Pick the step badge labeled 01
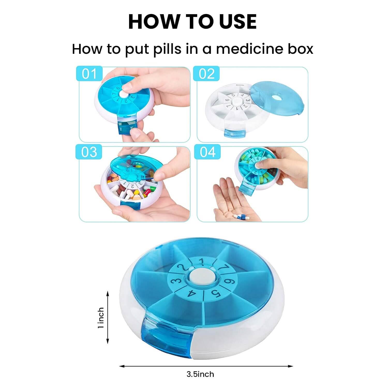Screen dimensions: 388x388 pyautogui.click(x=89, y=74)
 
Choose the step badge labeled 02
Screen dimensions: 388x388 pyautogui.click(x=207, y=74)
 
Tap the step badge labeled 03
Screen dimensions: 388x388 pyautogui.click(x=89, y=152)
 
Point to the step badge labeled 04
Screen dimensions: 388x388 pyautogui.click(x=208, y=152)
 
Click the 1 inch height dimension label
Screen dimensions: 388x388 pyautogui.click(x=101, y=318)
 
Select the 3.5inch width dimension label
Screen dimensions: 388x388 pyautogui.click(x=200, y=374)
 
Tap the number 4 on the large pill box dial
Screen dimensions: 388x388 pyautogui.click(x=192, y=294)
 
